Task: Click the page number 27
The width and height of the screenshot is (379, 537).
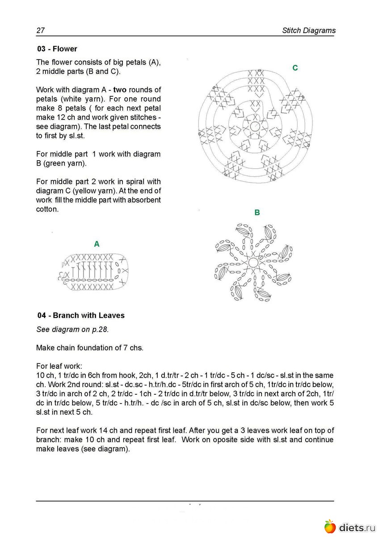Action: coord(40,30)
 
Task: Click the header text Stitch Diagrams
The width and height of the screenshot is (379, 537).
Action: coord(308,30)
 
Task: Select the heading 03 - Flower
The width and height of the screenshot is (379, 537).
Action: coord(57,49)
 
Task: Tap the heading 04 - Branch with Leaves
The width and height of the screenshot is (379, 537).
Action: coord(81,315)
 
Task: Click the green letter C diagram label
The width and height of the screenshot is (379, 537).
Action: coord(295,68)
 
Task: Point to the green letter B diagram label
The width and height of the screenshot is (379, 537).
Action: coord(257,213)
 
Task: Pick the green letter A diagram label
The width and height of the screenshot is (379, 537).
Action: coord(97,244)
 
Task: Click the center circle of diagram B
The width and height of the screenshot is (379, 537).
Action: coord(253,262)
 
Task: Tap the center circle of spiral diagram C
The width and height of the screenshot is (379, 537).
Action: coord(255,126)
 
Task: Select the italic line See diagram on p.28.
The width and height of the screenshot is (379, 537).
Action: coord(72,329)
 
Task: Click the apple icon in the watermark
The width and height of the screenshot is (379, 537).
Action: coord(330,526)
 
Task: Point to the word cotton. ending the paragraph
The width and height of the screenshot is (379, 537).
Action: coord(47,209)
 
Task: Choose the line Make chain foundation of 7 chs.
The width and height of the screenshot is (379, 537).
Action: coord(90,348)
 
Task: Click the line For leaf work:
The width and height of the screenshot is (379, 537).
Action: coord(59,366)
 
